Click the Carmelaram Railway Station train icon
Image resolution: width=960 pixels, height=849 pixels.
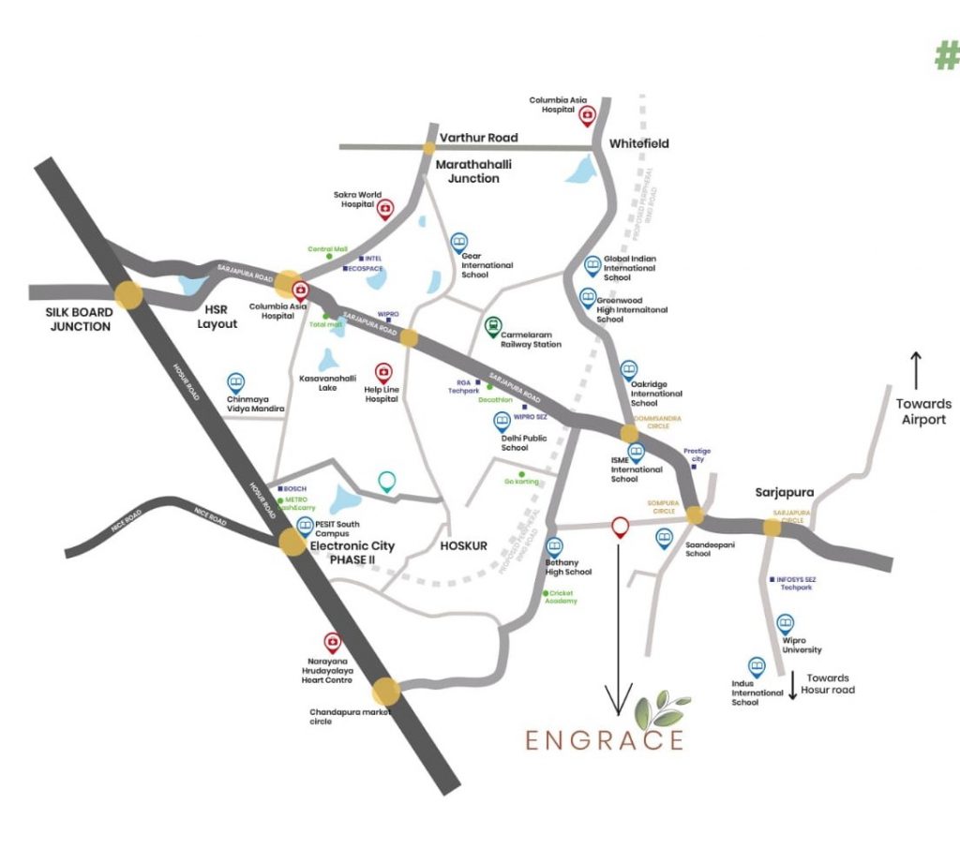492,326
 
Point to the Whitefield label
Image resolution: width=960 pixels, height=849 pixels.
638,143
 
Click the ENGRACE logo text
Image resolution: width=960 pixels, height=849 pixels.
604,739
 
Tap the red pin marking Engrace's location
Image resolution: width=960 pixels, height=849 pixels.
619,528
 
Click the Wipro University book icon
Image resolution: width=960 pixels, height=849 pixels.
785,622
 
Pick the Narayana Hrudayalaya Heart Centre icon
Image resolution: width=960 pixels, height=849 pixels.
332,642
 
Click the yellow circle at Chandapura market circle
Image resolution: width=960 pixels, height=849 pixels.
385,692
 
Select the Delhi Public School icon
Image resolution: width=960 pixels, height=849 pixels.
502,422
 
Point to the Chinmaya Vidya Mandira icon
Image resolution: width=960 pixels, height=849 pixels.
235,382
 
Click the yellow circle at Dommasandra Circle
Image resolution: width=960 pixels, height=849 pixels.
629,433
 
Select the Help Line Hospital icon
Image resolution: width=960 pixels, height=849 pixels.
382,373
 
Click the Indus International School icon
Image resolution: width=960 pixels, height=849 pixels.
756,666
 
